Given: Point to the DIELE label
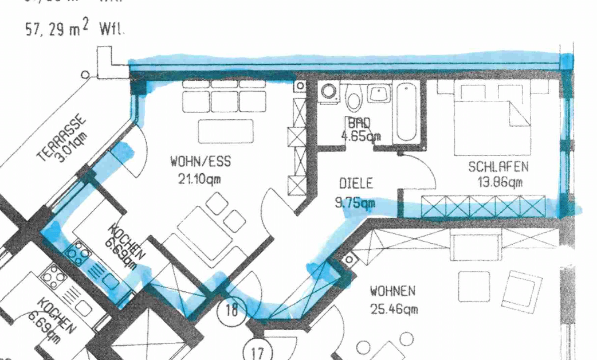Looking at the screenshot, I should (356, 184).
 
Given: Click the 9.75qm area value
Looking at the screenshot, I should (355, 202).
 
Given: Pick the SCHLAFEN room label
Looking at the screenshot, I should (498, 167).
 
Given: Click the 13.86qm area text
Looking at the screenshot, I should (500, 183).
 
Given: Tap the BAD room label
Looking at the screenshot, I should (359, 122).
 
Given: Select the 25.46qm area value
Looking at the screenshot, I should (394, 310).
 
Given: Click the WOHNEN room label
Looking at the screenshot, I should (393, 291).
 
